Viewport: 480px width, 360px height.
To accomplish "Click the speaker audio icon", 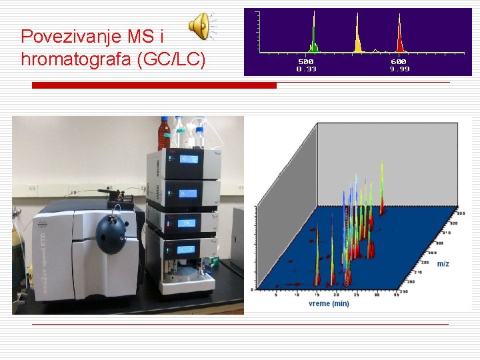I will (200, 27).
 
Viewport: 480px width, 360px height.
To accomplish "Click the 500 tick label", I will (306, 61).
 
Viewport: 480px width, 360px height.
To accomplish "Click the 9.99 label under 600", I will (399, 69).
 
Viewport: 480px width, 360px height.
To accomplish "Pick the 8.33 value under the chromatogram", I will (306, 69).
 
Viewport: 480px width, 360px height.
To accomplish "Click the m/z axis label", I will (443, 264).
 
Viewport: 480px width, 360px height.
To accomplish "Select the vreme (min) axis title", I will (329, 304).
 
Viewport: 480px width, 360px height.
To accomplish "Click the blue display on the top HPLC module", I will (188, 159).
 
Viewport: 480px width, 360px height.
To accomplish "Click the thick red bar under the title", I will (155, 85).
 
